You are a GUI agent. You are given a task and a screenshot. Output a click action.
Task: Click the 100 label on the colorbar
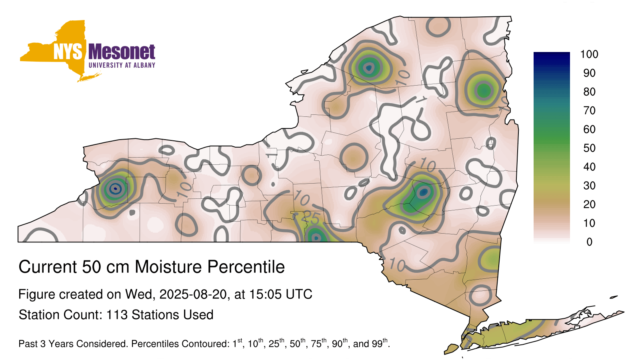[589, 54]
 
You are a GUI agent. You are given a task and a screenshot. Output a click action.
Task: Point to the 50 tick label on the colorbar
[589, 148]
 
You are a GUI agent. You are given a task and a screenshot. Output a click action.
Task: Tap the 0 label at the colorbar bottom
[590, 242]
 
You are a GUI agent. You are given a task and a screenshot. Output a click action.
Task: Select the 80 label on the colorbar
[589, 92]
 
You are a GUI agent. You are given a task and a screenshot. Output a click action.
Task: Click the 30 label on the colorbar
[589, 186]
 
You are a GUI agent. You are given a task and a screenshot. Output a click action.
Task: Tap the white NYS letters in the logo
[68, 52]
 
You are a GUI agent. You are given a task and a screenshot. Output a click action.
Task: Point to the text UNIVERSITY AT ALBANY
[122, 65]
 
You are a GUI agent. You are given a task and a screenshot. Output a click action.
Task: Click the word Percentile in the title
[246, 267]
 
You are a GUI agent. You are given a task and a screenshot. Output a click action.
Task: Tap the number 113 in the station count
[117, 315]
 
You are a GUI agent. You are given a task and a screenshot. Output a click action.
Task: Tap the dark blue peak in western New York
[115, 188]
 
